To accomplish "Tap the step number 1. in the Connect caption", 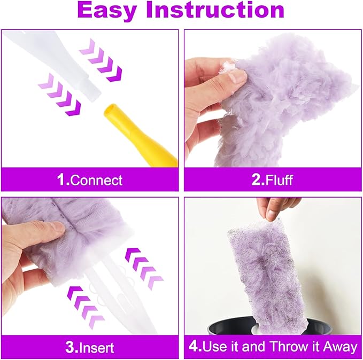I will [63, 179].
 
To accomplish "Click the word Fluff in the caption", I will [279, 179].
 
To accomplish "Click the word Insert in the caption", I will [96, 347].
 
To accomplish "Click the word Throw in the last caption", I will [288, 347].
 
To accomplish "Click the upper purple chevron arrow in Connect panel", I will [101, 61].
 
